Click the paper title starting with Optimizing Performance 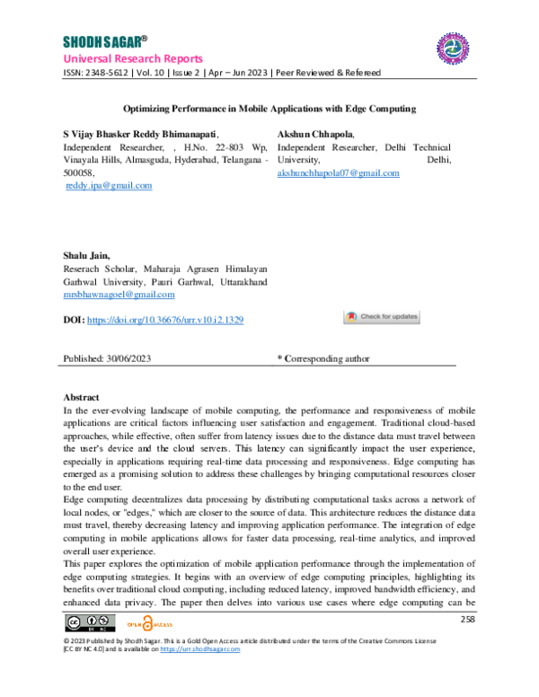point(269,109)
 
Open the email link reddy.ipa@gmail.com point(109,185)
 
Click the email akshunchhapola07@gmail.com point(339,172)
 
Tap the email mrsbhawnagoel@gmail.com point(119,294)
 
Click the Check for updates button point(382,317)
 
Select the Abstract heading point(82,397)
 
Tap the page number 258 point(467,620)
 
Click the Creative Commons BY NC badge point(90,622)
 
